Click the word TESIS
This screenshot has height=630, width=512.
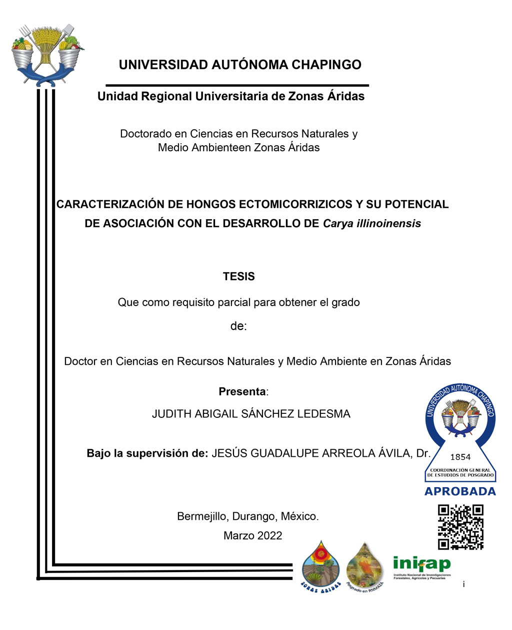tap(238, 277)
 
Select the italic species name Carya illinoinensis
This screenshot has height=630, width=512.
tap(372, 224)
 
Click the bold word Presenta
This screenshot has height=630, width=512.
tap(242, 392)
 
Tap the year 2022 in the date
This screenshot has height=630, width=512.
tap(270, 536)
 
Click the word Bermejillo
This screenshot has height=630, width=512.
tap(202, 516)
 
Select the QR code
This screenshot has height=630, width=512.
tap(460, 527)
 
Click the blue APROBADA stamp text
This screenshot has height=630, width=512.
tap(460, 492)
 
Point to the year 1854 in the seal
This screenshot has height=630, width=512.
tap(460, 457)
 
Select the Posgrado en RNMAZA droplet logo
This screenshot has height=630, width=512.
tap(364, 566)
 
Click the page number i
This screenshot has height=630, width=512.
tap(463, 584)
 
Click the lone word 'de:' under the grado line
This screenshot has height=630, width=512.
tap(238, 326)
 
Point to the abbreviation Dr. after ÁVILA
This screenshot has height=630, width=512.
tap(423, 453)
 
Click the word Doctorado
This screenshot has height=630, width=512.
tap(145, 134)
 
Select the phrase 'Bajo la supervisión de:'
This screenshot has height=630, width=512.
tap(147, 453)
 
